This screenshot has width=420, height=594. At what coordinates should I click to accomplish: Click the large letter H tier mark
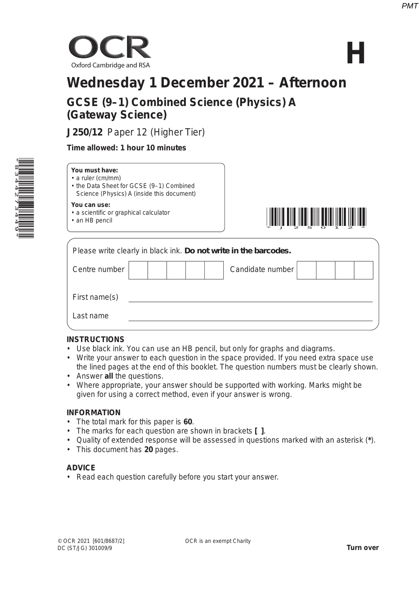[356, 53]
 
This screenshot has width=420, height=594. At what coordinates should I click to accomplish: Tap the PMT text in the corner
[409, 6]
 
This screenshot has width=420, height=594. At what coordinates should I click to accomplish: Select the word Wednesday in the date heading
[106, 83]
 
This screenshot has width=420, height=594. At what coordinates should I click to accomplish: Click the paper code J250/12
[85, 132]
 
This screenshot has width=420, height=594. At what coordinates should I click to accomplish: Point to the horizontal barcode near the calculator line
[316, 217]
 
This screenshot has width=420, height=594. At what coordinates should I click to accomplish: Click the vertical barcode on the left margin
[27, 198]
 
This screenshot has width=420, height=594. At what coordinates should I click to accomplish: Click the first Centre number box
[138, 270]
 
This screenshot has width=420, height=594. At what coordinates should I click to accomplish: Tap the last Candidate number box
[363, 270]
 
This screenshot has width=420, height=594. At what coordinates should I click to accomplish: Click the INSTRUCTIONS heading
[95, 339]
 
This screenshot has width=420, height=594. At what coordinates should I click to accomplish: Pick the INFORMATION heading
[93, 413]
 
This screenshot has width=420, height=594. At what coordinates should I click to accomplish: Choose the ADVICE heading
[81, 468]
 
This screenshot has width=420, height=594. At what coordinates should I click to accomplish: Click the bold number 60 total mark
[188, 422]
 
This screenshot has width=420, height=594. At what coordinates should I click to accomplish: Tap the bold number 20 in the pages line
[148, 449]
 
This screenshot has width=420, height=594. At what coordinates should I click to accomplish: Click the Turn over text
[363, 548]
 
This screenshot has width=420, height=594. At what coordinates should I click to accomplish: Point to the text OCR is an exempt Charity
[218, 541]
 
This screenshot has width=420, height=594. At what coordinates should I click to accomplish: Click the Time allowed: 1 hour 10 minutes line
[126, 148]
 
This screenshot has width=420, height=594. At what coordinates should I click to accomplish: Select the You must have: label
[94, 170]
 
